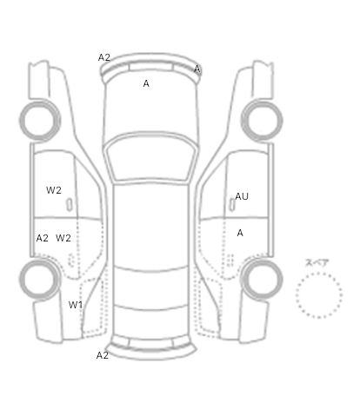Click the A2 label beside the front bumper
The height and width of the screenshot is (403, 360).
104,57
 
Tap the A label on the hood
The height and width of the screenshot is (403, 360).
146,83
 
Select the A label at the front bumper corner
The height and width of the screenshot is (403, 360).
197,69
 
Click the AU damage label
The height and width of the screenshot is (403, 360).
242,196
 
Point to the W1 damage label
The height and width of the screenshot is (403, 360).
76,305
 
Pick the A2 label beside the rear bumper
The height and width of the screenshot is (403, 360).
103,355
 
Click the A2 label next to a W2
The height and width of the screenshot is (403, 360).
43,238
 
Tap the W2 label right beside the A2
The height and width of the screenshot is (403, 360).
63,238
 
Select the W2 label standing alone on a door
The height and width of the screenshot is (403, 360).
54,190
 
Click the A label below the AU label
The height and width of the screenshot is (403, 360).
240,233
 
